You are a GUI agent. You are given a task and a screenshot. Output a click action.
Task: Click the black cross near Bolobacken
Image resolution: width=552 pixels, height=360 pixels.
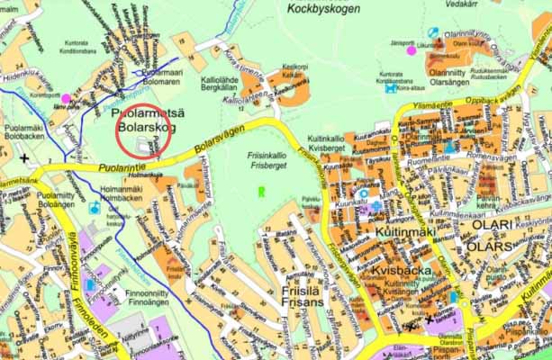tap(24, 158)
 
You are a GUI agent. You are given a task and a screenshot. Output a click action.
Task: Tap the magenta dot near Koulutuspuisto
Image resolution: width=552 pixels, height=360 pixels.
tap(66, 98)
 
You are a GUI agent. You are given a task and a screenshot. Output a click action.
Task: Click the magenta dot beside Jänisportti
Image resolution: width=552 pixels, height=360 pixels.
tap(412, 50)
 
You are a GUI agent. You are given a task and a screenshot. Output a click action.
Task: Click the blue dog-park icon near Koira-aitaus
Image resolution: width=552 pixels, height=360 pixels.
tap(389, 88)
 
